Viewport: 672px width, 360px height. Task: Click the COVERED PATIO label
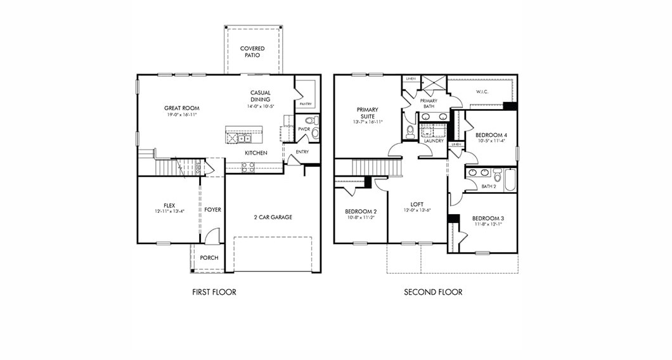[252, 52]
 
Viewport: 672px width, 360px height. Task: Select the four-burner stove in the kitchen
[248, 167]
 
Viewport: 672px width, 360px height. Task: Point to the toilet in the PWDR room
[311, 120]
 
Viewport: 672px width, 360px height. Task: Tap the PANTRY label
[306, 103]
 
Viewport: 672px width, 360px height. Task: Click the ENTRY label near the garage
[302, 151]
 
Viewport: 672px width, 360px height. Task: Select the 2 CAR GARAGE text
[273, 217]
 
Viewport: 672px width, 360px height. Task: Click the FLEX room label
[169, 205]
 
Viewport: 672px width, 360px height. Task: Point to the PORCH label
[209, 258]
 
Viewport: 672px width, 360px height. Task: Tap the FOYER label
[213, 210]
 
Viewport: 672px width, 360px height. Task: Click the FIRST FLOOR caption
[214, 292]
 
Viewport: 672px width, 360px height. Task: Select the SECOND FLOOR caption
[433, 292]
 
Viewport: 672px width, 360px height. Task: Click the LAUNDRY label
[434, 141]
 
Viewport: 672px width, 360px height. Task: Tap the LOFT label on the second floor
[417, 204]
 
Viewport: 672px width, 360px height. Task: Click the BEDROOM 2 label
[361, 211]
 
